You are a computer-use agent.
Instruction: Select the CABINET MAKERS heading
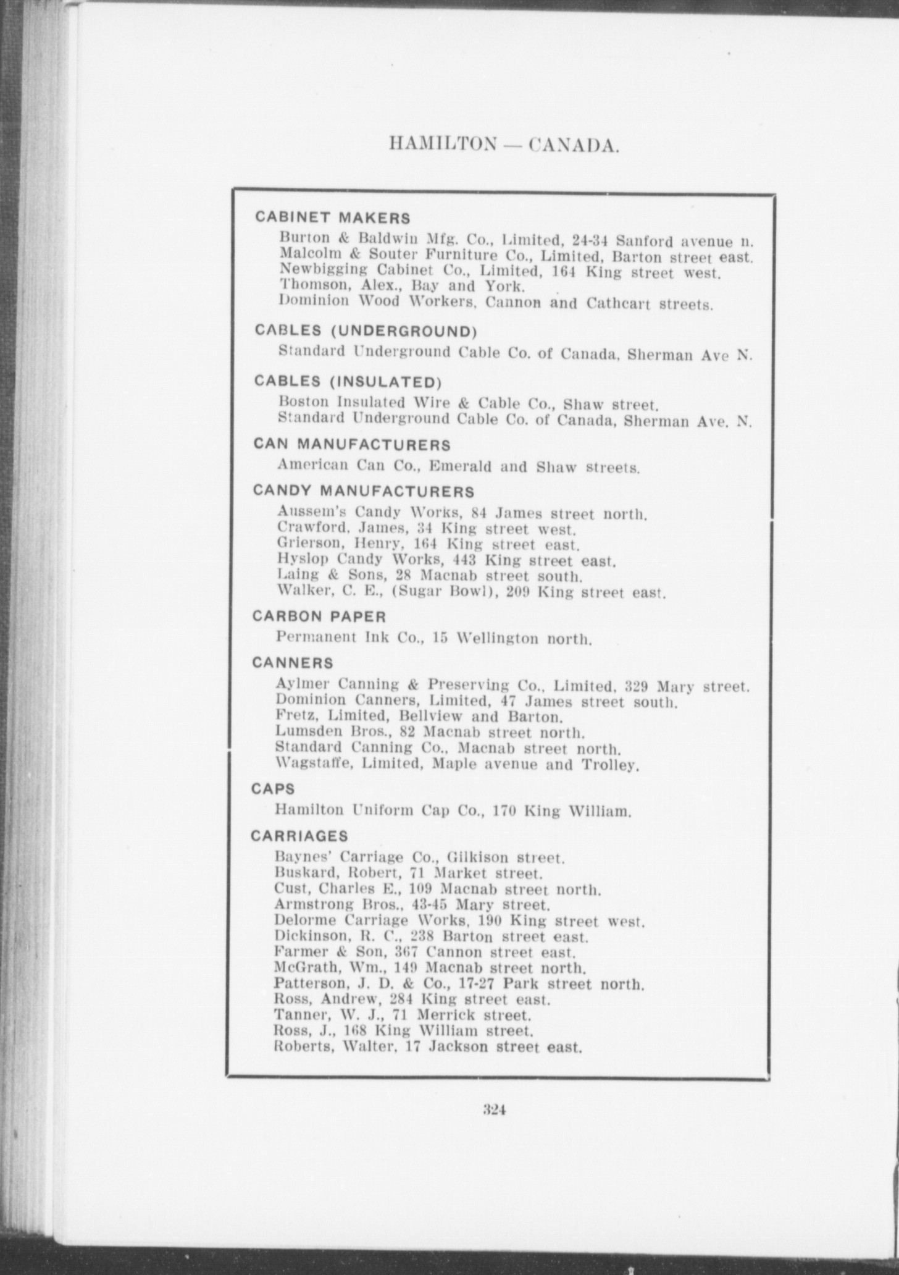pos(332,217)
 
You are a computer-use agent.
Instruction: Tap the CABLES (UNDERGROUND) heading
pos(366,331)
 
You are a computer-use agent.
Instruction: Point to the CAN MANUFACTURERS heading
pos(352,445)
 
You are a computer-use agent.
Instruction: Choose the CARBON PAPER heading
pos(319,616)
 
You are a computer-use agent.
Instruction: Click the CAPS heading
pos(273,789)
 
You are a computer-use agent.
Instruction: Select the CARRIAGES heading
pos(299,836)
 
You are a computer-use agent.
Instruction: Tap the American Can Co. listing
pos(458,466)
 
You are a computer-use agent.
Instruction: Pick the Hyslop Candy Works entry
pos(446,561)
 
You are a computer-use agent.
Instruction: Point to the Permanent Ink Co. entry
pos(433,637)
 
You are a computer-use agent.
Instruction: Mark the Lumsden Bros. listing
pos(430,733)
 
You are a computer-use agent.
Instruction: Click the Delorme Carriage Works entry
pos(459,921)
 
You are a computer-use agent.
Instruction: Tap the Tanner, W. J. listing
pos(403,1015)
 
